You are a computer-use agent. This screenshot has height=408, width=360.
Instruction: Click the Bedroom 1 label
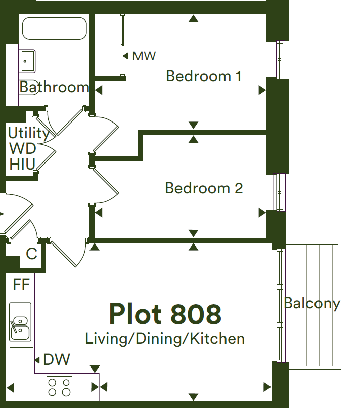click(x=204, y=76)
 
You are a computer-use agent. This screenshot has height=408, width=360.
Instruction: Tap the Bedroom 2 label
click(x=204, y=188)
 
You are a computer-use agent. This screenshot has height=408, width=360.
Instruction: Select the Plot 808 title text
click(x=165, y=314)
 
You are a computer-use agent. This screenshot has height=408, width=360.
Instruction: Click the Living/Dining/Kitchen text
click(x=165, y=339)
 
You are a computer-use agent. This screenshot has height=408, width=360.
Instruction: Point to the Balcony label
click(x=312, y=303)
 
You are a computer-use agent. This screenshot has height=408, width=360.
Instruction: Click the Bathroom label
click(x=54, y=87)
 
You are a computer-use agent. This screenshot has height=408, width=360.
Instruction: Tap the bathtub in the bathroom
click(x=54, y=28)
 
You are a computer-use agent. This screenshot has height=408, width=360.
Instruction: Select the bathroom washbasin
click(x=27, y=61)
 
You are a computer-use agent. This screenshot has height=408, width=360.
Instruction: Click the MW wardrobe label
click(x=144, y=56)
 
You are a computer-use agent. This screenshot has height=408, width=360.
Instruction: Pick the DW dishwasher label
click(x=57, y=359)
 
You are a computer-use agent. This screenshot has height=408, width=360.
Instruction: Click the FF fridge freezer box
click(x=21, y=285)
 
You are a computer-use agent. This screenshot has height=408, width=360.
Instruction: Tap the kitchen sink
click(x=20, y=321)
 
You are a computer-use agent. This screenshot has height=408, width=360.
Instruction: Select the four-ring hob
click(x=60, y=387)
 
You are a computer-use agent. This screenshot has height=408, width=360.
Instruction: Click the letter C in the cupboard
click(x=32, y=254)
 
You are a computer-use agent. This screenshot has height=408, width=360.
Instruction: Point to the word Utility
click(x=29, y=133)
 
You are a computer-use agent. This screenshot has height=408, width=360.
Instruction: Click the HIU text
click(x=22, y=164)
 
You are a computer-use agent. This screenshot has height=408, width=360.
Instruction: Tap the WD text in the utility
click(x=23, y=149)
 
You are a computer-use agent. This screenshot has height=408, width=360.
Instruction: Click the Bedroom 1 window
click(x=281, y=60)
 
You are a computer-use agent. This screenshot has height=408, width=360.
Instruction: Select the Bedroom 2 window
click(x=279, y=192)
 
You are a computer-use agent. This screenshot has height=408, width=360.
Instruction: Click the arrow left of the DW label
click(x=37, y=360)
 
